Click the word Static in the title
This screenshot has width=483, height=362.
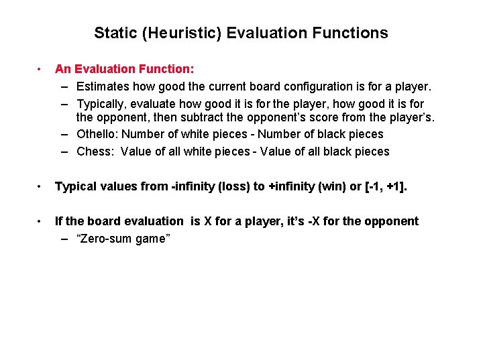point(113,33)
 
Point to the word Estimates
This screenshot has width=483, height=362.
point(103,86)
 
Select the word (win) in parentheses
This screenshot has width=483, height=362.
point(334,186)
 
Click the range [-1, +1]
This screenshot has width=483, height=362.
point(387,186)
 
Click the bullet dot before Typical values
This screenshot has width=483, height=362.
point(41,186)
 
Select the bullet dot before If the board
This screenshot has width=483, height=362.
point(41,221)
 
